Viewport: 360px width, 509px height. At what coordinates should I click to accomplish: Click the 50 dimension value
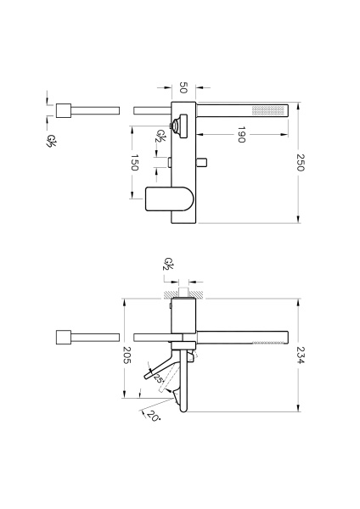pyautogui.click(x=183, y=87)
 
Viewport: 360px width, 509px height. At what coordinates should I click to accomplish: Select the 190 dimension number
pyautogui.click(x=241, y=134)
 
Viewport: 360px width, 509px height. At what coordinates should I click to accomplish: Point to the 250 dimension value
pyautogui.click(x=301, y=162)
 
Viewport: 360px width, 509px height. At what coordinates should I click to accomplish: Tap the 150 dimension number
pyautogui.click(x=134, y=162)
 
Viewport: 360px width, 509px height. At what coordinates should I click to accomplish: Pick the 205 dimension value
pyautogui.click(x=127, y=355)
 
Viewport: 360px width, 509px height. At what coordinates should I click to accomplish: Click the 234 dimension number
pyautogui.click(x=301, y=355)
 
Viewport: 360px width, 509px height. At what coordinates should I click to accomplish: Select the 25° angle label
pyautogui.click(x=158, y=378)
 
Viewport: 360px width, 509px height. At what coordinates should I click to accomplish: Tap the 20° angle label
pyautogui.click(x=153, y=416)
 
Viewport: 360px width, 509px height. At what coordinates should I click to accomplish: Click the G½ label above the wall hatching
pyautogui.click(x=169, y=263)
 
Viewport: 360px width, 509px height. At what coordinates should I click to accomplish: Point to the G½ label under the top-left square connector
pyautogui.click(x=51, y=141)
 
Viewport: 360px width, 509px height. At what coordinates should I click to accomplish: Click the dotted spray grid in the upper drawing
pyautogui.click(x=268, y=110)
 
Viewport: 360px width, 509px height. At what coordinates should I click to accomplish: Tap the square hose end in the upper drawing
pyautogui.click(x=64, y=110)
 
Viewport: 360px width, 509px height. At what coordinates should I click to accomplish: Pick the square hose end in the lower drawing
pyautogui.click(x=64, y=338)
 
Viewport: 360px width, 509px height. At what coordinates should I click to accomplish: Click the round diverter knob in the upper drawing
pyautogui.click(x=177, y=126)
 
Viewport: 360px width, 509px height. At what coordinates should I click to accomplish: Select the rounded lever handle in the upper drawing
pyautogui.click(x=169, y=199)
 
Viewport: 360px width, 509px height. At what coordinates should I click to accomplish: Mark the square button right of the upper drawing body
pyautogui.click(x=204, y=162)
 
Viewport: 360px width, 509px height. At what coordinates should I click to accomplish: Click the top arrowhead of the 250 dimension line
pyautogui.click(x=298, y=104)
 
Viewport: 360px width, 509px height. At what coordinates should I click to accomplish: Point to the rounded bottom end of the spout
pyautogui.click(x=184, y=409)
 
